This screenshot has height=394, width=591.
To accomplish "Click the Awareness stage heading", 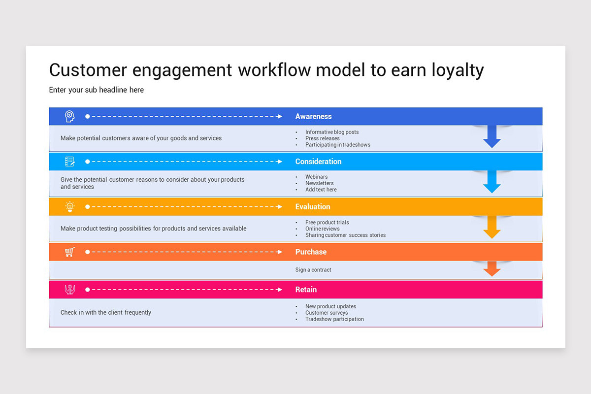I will click(313, 117).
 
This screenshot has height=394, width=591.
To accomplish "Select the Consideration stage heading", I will click(318, 162).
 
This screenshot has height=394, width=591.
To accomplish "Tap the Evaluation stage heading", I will click(313, 207).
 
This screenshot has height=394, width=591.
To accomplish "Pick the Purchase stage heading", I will click(311, 252).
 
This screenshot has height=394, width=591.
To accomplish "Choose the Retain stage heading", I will click(306, 290).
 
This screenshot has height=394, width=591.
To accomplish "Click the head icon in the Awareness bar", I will click(70, 117).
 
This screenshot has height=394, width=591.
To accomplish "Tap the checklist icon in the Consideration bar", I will click(70, 162).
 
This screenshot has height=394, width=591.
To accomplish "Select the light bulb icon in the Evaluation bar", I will click(70, 207).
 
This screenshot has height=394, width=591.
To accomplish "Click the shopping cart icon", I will click(70, 252).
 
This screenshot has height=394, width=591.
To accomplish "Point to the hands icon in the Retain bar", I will click(70, 290).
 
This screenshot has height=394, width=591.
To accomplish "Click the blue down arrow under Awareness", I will click(492, 137).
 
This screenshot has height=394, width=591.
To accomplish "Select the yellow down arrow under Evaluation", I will click(492, 228).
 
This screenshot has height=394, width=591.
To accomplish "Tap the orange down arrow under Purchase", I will click(492, 268).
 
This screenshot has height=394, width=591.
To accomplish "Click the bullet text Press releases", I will click(322, 138).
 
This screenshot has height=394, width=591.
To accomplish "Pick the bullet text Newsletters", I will click(319, 183).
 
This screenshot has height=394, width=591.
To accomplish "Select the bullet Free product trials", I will click(327, 223).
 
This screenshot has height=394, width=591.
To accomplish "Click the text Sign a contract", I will click(313, 270).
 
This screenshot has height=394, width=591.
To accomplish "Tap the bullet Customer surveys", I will click(326, 313).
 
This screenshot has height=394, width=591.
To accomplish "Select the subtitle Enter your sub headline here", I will click(97, 90).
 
